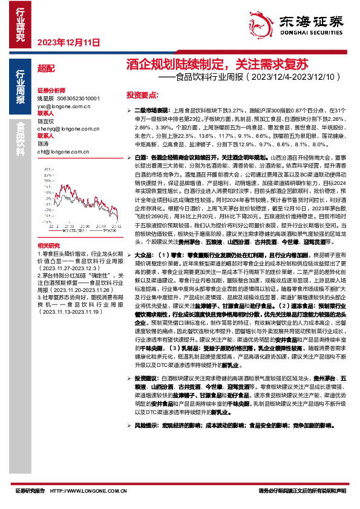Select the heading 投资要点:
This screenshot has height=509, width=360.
pyautogui.click(x=142, y=96)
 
